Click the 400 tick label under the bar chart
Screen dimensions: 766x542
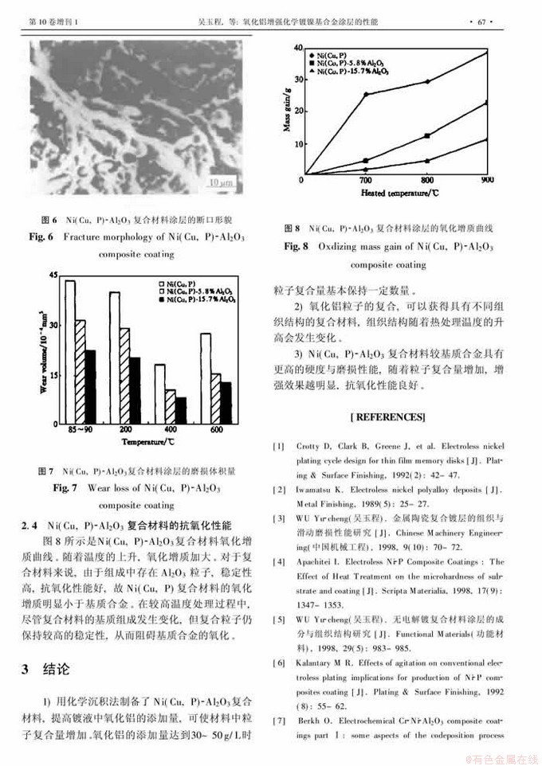pyautogui.click(x=171, y=430)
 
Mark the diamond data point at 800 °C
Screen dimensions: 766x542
pyautogui.click(x=428, y=81)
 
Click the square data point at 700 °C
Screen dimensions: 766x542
pyautogui.click(x=367, y=161)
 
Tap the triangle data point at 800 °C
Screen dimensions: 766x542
pyautogui.click(x=428, y=161)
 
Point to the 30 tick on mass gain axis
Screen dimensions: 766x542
pyautogui.click(x=297, y=79)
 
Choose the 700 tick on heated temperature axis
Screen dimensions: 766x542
pyautogui.click(x=366, y=182)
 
